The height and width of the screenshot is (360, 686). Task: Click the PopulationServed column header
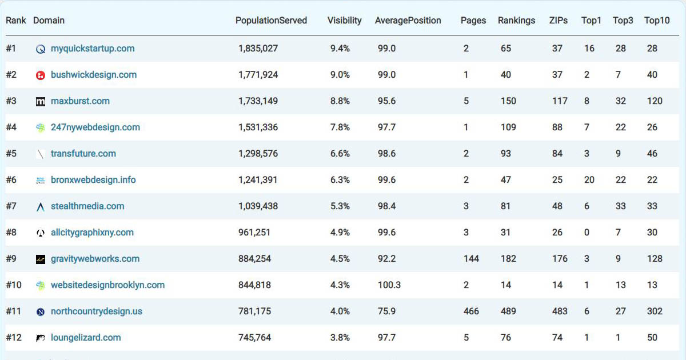click(x=271, y=21)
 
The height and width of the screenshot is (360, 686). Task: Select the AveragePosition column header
click(x=408, y=21)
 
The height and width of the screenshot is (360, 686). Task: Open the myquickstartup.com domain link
click(x=93, y=49)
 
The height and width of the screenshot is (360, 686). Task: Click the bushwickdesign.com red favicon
click(x=41, y=75)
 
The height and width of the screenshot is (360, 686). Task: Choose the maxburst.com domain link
click(x=80, y=101)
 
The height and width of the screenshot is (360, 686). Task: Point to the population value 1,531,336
click(x=258, y=127)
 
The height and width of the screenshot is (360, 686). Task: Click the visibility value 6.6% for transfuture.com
click(x=340, y=154)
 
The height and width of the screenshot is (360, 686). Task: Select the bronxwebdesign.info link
click(x=93, y=180)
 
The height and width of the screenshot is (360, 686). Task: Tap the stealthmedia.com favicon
click(x=41, y=207)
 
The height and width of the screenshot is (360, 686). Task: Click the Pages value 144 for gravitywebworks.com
click(x=471, y=259)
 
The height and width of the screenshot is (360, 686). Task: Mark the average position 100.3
click(x=389, y=285)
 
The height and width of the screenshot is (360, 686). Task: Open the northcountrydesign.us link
click(x=97, y=311)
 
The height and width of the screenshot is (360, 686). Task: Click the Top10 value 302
click(x=655, y=311)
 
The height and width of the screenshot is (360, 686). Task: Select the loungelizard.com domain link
click(x=86, y=338)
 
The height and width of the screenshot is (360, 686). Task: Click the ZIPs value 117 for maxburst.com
click(x=560, y=101)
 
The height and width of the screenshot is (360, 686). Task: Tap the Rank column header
click(x=16, y=21)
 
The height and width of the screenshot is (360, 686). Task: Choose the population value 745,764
click(x=254, y=338)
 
